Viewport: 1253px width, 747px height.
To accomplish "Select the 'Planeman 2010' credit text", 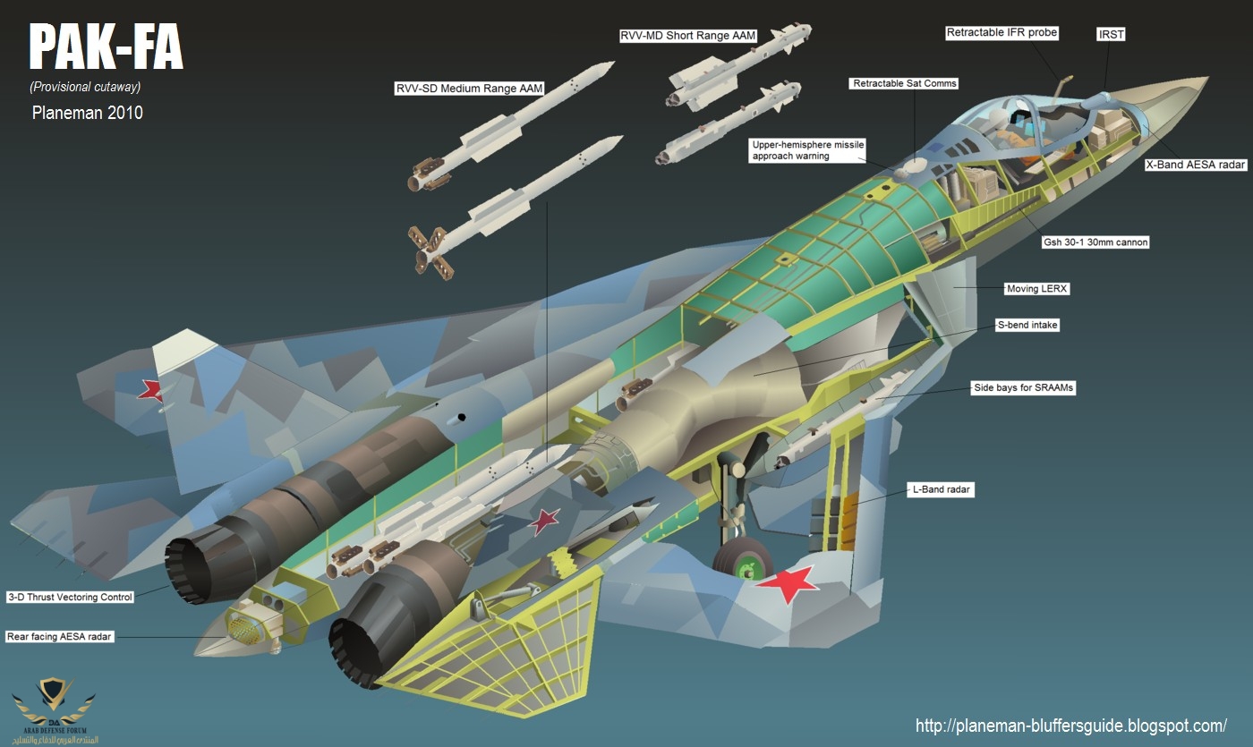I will click(x=87, y=113).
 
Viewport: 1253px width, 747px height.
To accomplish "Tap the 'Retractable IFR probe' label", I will click(x=1002, y=33).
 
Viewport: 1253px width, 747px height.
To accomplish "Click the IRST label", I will click(x=1111, y=34).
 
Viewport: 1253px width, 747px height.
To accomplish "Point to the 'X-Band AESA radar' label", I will click(x=1196, y=165).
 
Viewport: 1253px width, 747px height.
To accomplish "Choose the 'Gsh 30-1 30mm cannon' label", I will click(x=1095, y=242).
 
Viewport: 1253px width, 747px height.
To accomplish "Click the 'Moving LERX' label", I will click(x=1037, y=289).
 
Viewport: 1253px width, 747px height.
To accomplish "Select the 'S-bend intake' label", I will click(x=1027, y=326).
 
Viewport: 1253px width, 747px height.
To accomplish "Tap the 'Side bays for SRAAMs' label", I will click(x=1023, y=388).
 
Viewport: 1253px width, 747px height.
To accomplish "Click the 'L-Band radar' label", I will click(x=941, y=489).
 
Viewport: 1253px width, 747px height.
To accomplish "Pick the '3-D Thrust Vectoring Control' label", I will click(x=70, y=597).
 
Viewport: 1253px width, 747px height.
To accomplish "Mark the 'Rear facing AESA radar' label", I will click(x=61, y=636).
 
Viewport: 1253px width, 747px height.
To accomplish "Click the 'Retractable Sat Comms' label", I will click(x=904, y=83).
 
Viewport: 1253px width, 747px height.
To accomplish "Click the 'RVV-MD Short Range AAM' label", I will click(x=688, y=36).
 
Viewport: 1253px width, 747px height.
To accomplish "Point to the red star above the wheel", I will click(x=787, y=582).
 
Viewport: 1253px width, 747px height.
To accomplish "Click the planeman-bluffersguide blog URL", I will click(x=1071, y=726).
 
